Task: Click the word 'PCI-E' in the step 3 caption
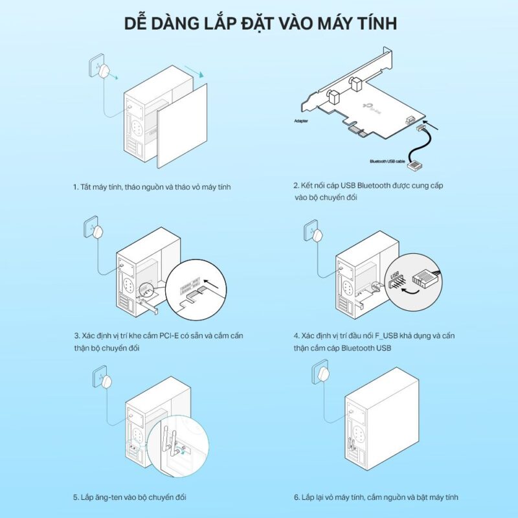(169, 336)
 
